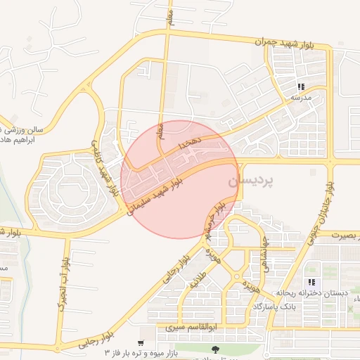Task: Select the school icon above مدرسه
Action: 301,87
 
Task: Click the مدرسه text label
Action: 301,98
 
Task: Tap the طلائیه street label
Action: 202,283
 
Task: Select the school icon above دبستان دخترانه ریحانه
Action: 311,283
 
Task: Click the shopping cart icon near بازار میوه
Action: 141,344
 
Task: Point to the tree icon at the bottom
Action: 214,349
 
